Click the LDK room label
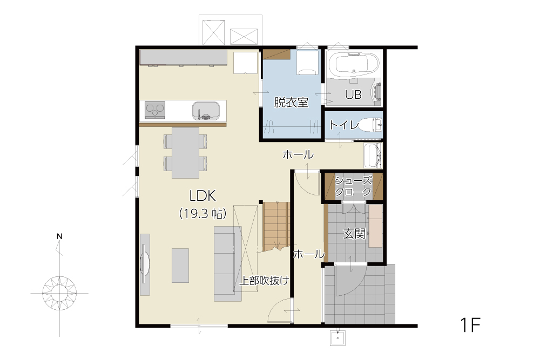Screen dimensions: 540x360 203,196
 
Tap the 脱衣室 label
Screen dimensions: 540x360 291,103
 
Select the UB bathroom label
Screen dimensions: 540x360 353,94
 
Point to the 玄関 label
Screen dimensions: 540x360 354,234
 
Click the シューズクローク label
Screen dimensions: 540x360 353,186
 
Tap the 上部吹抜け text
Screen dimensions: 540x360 264,281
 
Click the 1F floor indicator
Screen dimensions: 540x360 470,324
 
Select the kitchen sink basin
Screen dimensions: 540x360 206,111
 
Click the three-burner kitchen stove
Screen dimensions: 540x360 155,110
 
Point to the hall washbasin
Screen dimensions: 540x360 373,155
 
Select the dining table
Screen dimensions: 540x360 186,153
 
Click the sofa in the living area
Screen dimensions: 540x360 228,263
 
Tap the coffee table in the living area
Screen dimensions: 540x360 180,266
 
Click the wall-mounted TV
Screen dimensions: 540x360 145,264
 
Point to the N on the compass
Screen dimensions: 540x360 59,236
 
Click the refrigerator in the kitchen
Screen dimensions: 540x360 246,63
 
